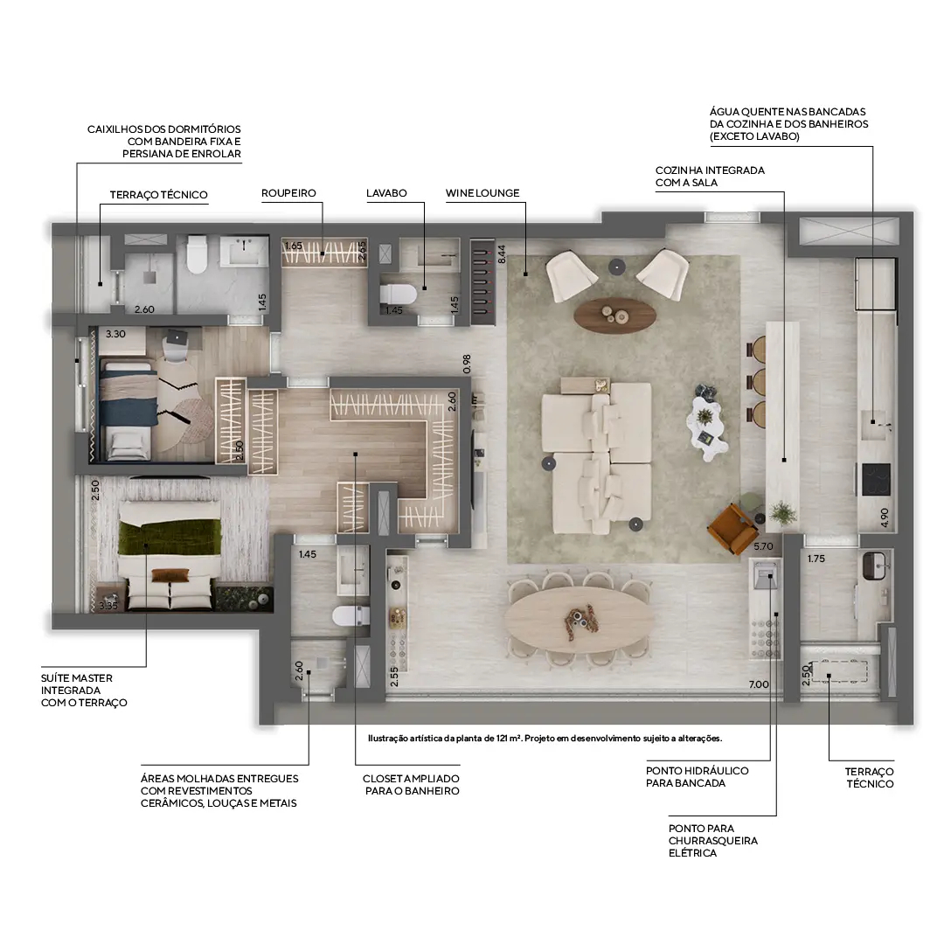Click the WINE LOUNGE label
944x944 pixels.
point(482,193)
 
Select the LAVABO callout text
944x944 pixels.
point(386,193)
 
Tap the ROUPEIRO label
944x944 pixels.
point(288,193)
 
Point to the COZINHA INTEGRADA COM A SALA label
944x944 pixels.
point(710,177)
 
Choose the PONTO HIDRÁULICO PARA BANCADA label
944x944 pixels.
point(698,777)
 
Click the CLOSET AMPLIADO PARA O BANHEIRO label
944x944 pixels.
point(411,784)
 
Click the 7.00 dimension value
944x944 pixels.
point(759,684)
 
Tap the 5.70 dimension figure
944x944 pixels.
point(764,547)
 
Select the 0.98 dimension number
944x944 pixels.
point(467,363)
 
